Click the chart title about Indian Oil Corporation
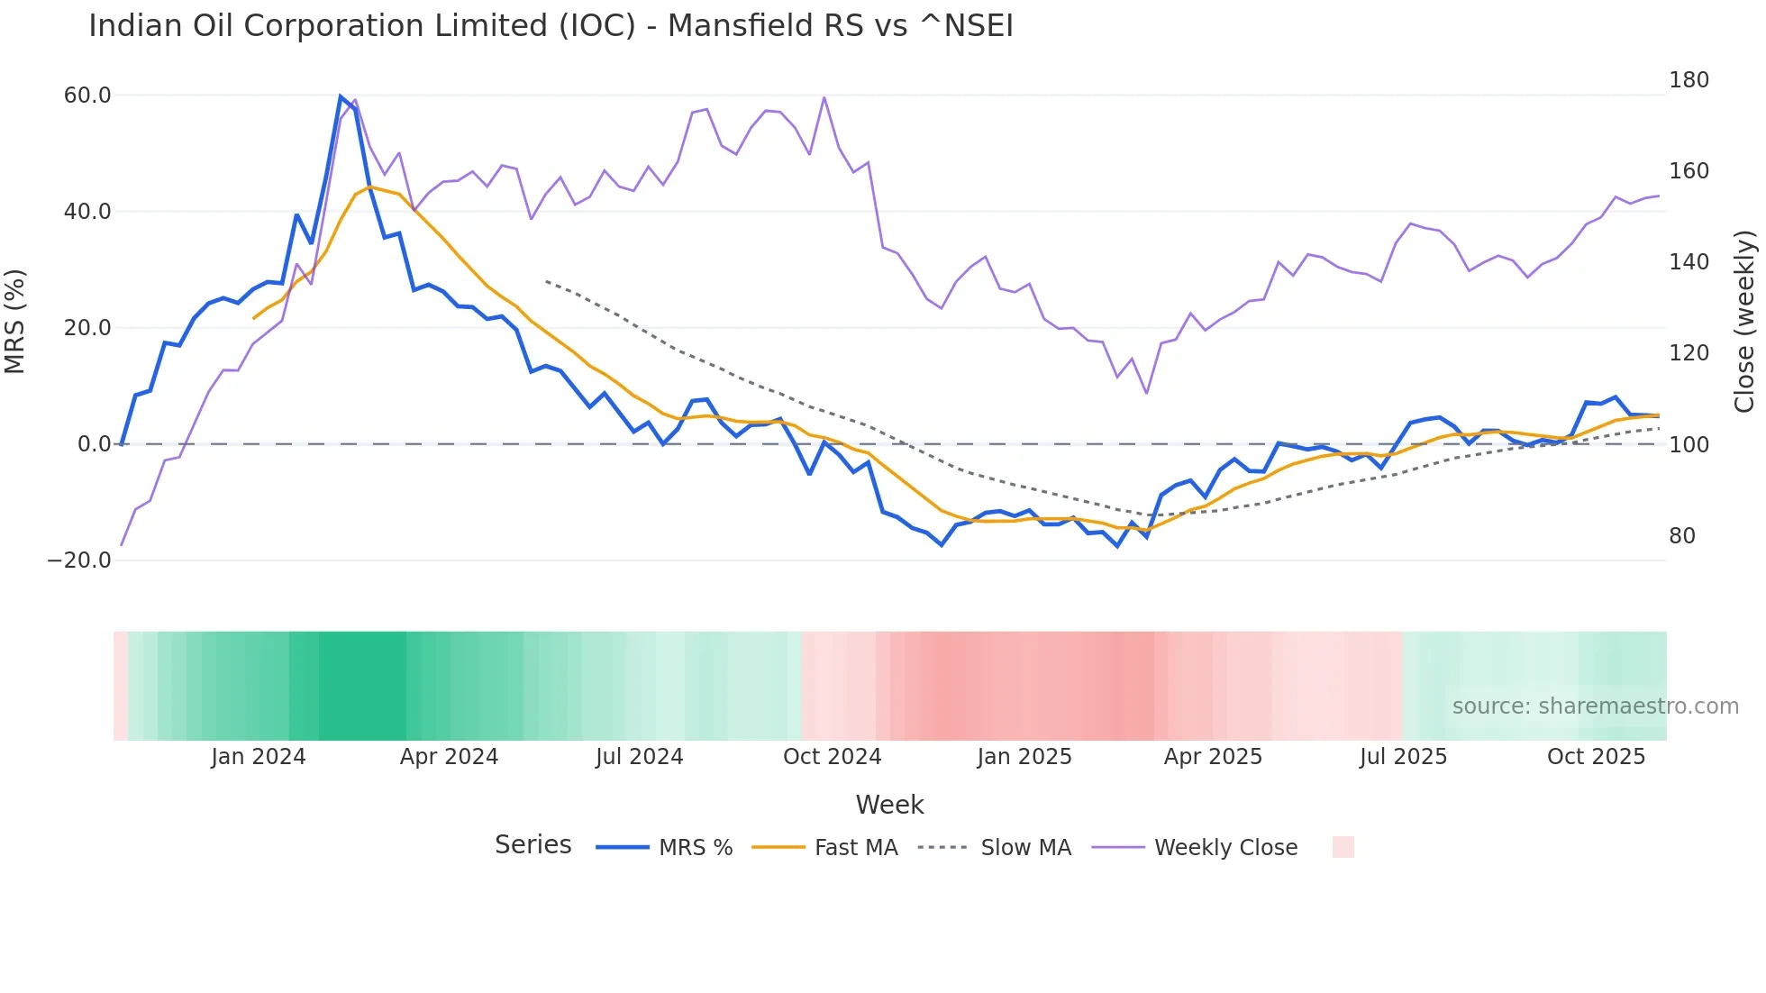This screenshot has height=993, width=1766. tap(551, 26)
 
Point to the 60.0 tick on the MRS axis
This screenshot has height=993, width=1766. tap(87, 96)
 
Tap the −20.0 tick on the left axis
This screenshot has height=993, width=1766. tap(79, 560)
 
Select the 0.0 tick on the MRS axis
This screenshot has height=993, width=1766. tap(94, 444)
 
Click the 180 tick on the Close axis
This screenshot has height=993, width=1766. tap(1689, 80)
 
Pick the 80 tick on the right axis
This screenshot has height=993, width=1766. tap(1681, 536)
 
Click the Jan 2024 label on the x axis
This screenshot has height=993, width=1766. tap(259, 757)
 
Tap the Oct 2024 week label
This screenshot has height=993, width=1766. tap(832, 757)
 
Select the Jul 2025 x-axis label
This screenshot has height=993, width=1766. tap(1403, 757)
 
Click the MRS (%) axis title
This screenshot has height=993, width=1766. tap(15, 321)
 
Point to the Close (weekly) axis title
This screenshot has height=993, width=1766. tap(1745, 321)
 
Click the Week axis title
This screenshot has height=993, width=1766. tap(889, 805)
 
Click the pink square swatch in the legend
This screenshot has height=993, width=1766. tap(1343, 847)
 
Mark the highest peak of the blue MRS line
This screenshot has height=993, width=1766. tap(341, 96)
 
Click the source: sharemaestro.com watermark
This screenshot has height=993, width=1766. tap(1595, 706)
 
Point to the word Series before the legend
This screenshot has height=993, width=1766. tap(533, 845)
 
